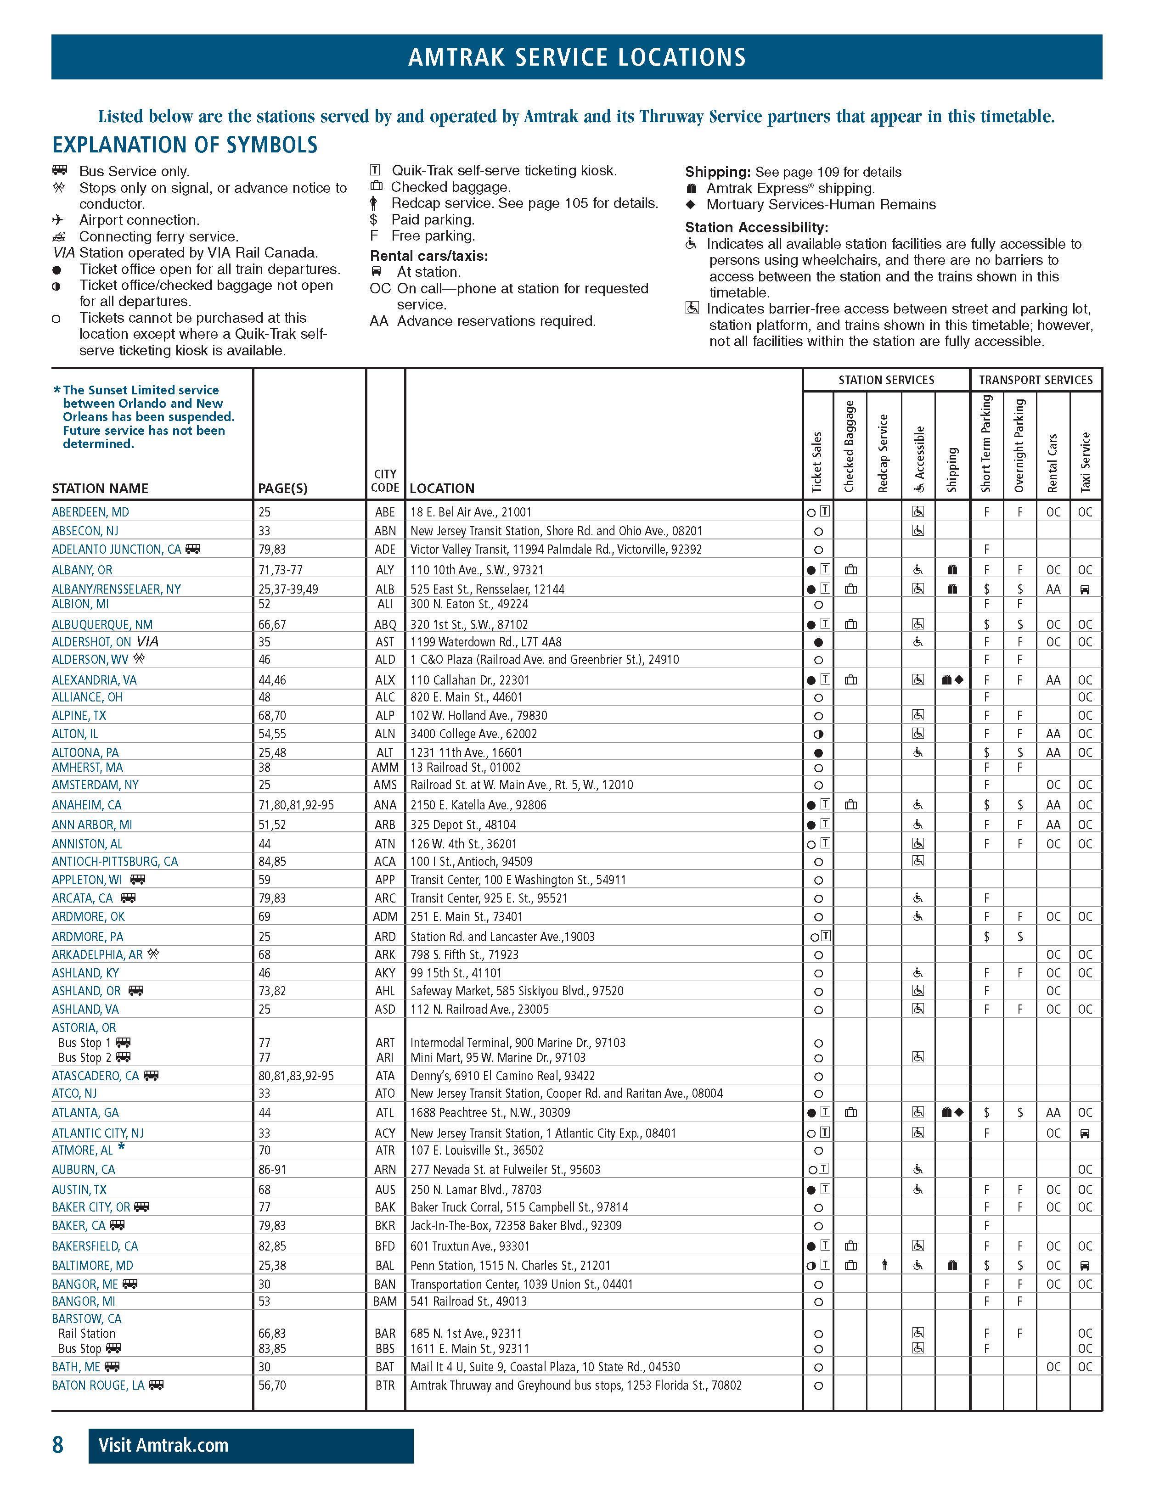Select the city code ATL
tap(385, 1112)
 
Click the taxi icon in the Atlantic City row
tap(1085, 1133)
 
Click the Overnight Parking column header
tap(1019, 446)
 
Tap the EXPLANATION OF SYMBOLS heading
tap(185, 145)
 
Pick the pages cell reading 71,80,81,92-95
tap(296, 805)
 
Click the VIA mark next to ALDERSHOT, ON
tap(147, 641)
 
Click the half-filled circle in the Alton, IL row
tap(818, 734)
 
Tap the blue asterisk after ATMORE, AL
tap(121, 1148)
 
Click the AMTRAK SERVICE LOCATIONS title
tap(576, 57)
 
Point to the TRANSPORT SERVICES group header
tap(1036, 380)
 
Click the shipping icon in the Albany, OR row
tap(951, 569)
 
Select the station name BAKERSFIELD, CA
tap(95, 1246)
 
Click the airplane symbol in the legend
tap(58, 219)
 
